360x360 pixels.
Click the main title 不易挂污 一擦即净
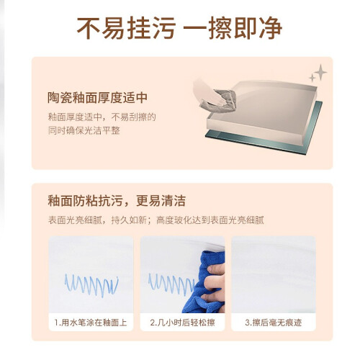click(179, 28)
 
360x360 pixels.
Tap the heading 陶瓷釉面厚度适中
click(97, 97)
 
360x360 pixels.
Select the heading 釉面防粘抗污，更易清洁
click(117, 201)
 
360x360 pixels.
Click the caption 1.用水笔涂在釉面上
click(91, 323)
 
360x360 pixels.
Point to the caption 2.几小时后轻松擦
click(182, 323)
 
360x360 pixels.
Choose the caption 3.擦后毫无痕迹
click(274, 323)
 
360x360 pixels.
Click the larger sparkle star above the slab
click(320, 72)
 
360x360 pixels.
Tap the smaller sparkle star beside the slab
click(312, 78)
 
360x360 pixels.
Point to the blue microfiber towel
click(204, 283)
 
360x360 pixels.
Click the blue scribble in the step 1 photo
click(91, 285)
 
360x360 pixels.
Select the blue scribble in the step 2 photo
click(171, 284)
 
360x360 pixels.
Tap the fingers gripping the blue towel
click(215, 283)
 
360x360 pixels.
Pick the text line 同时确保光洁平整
click(84, 130)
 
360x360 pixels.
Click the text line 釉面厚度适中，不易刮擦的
click(102, 117)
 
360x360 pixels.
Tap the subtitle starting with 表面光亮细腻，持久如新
click(156, 220)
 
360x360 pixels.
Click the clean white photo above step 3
click(274, 274)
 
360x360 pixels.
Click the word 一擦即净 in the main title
click(233, 28)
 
